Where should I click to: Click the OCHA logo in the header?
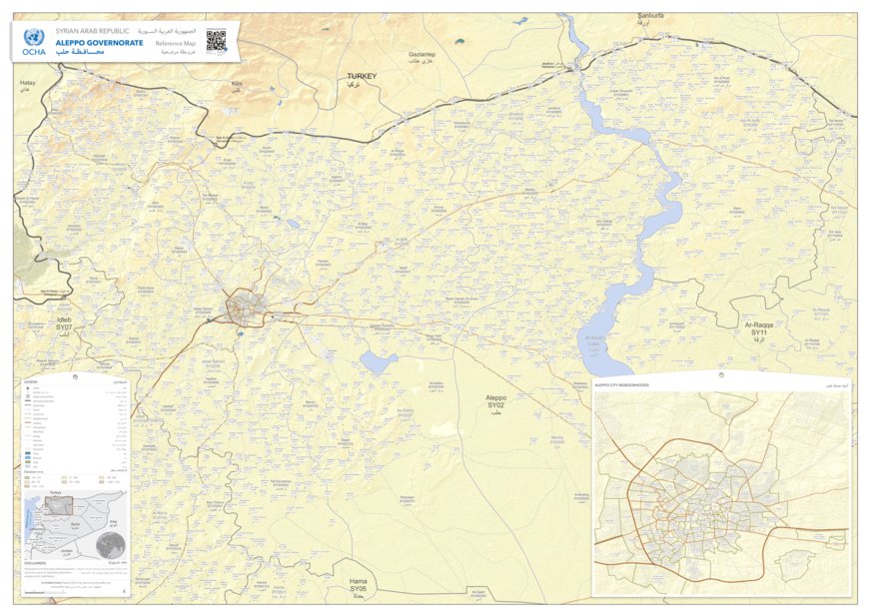(33, 41)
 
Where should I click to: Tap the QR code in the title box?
(216, 41)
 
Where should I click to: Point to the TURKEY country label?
(361, 76)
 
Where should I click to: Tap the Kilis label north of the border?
(237, 84)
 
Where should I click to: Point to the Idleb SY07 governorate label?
(64, 325)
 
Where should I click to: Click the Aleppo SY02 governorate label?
(496, 402)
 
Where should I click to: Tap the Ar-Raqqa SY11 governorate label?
(760, 329)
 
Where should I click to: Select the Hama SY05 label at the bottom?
(358, 584)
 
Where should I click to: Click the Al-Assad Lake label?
(595, 339)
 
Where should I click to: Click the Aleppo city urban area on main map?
(244, 307)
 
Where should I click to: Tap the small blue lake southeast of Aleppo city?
(379, 361)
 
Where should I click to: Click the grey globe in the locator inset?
(111, 545)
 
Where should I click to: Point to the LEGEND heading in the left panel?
(31, 382)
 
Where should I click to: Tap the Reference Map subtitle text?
(175, 43)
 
